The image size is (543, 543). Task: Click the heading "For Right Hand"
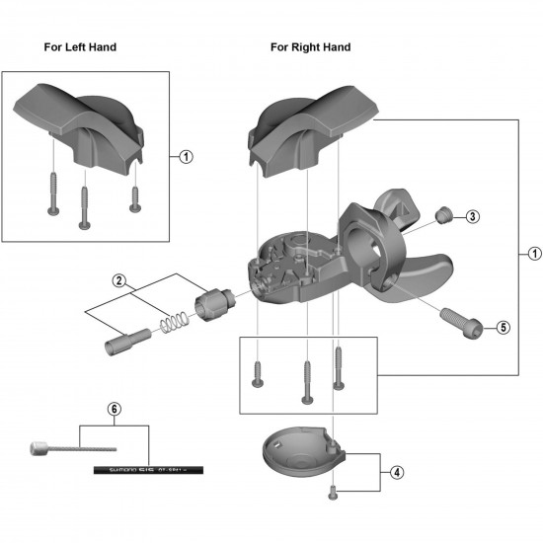tap(310, 46)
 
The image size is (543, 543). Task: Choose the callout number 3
tap(473, 216)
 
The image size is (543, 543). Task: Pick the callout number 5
tap(503, 328)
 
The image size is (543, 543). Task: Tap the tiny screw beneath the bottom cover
tap(336, 490)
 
